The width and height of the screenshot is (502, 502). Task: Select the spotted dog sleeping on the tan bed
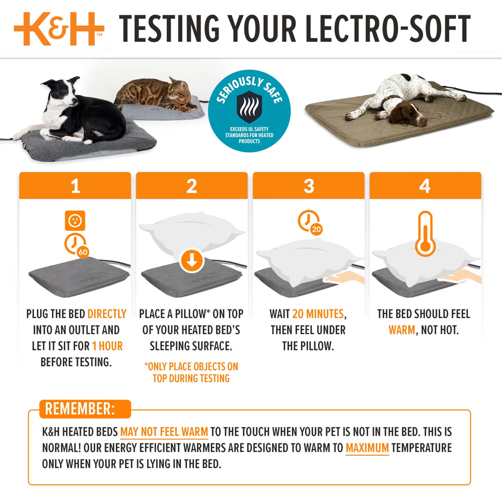click(x=402, y=98)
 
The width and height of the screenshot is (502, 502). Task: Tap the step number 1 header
click(x=75, y=186)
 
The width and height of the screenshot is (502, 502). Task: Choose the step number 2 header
click(x=192, y=186)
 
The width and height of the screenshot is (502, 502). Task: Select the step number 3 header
click(x=308, y=186)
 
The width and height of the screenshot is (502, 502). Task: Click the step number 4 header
click(x=425, y=186)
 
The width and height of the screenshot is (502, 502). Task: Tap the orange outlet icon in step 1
click(x=75, y=221)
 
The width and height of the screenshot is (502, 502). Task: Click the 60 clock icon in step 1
click(x=77, y=244)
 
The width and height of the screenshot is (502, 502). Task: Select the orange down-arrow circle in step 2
click(x=192, y=261)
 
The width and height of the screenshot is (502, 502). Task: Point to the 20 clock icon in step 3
click(x=310, y=223)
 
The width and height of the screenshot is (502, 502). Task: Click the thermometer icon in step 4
click(x=425, y=234)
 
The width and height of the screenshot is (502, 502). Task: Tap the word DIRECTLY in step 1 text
click(x=107, y=314)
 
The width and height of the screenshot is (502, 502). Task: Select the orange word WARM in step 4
click(x=402, y=330)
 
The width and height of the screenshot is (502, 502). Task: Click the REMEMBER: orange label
click(x=80, y=409)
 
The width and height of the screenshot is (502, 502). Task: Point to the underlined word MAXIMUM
click(x=367, y=448)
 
